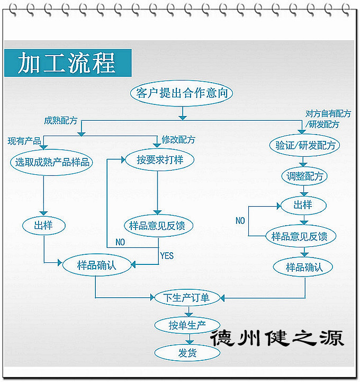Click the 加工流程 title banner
(x=67, y=63)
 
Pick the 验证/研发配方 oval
(x=304, y=145)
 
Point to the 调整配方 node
(x=303, y=176)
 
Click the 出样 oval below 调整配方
(x=303, y=205)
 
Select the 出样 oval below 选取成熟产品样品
(x=44, y=226)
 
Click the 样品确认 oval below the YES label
(x=97, y=265)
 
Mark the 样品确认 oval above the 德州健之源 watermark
(x=304, y=267)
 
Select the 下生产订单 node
(x=183, y=298)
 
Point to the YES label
(x=167, y=255)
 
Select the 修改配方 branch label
(x=178, y=140)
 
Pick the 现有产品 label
(x=24, y=141)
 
